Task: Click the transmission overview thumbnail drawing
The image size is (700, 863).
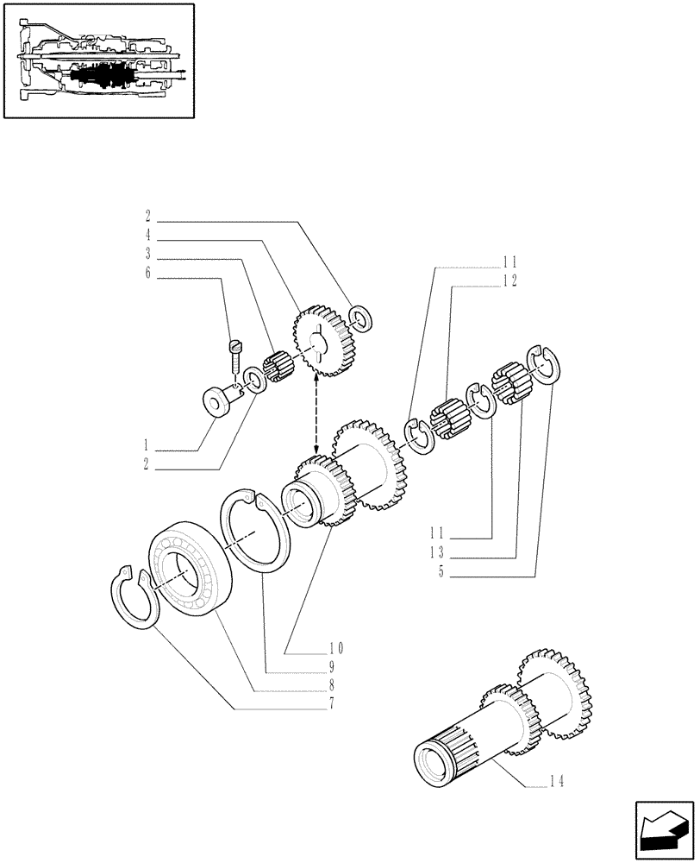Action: tap(98, 60)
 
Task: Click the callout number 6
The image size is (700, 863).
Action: tap(148, 274)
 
